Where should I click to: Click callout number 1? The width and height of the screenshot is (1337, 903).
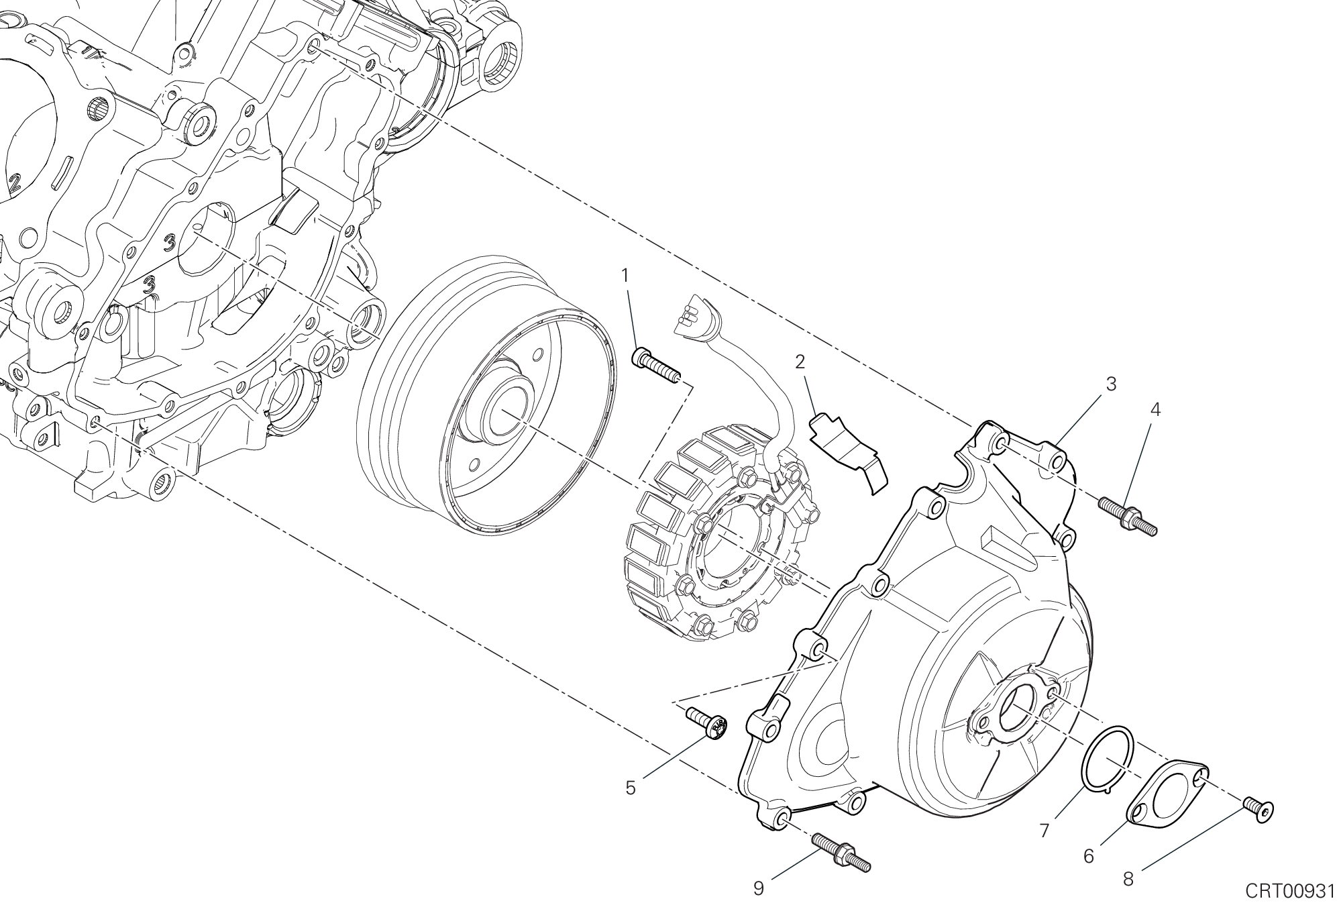click(x=625, y=275)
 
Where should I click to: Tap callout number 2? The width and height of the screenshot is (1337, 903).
click(x=800, y=362)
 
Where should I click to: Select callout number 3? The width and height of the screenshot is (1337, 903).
click(x=1111, y=384)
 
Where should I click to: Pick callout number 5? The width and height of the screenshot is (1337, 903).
click(x=631, y=788)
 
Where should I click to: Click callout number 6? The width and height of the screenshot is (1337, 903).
click(x=1089, y=856)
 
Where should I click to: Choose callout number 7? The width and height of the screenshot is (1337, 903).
click(x=1044, y=831)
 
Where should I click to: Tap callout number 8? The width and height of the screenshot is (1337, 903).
click(x=1128, y=879)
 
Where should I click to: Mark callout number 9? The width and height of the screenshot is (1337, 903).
click(x=758, y=888)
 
